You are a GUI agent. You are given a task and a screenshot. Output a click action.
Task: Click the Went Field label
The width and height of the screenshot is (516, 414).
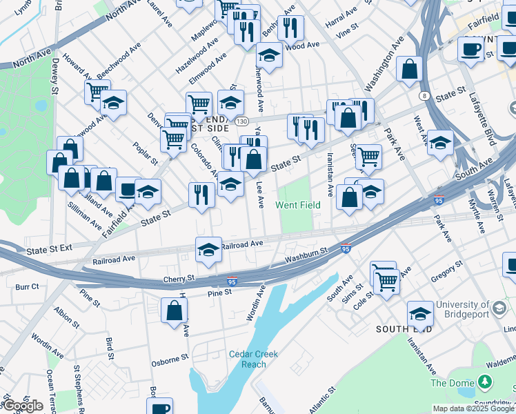pos(297,205)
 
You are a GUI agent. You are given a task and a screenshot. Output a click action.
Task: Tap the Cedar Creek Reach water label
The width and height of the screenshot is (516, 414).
pos(253,359)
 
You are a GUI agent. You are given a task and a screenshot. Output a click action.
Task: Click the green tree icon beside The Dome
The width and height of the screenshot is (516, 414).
pos(486,382)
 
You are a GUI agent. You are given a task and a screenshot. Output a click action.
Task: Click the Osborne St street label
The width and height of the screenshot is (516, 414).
pos(171,359)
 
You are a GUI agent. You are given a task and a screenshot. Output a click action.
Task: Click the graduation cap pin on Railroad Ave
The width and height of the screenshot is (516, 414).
pos(208,250)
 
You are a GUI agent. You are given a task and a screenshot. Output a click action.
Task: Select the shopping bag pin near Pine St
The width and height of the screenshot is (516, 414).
pos(174,310)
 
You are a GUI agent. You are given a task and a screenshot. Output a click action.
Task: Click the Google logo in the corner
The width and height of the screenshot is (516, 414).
pos(22,406)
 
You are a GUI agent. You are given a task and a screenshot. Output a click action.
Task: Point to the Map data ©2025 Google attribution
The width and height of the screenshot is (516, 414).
pos(473,408)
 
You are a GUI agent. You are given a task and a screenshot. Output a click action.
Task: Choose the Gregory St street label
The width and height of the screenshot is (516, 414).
pos(446,273)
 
